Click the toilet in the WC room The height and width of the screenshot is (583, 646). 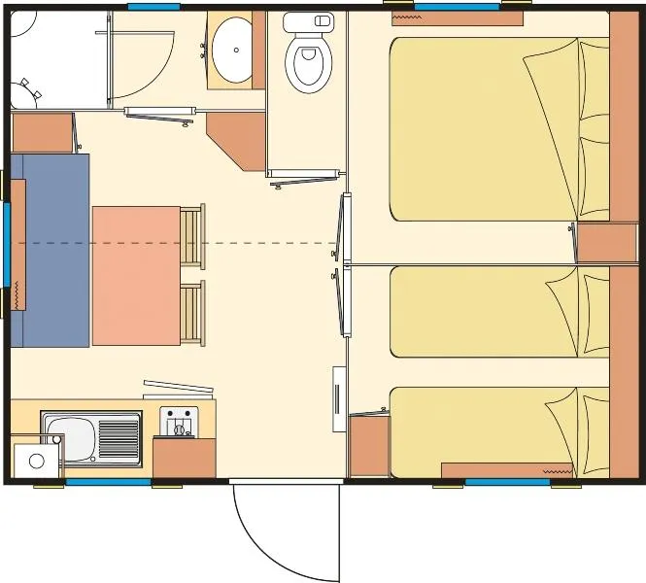[x=308, y=59]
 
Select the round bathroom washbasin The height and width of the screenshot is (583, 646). [x=231, y=50]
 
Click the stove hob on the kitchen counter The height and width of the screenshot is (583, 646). [x=178, y=423]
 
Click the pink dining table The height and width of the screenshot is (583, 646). [x=136, y=275]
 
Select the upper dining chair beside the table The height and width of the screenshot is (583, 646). [x=192, y=236]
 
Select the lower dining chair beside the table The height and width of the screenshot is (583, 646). [x=192, y=312]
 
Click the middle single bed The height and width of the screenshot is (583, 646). [x=486, y=311]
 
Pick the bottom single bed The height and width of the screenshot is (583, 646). [x=486, y=431]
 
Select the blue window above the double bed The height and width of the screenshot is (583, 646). [x=457, y=6]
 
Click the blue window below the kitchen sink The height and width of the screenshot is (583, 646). [x=107, y=482]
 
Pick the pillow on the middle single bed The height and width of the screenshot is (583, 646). [x=563, y=311]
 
